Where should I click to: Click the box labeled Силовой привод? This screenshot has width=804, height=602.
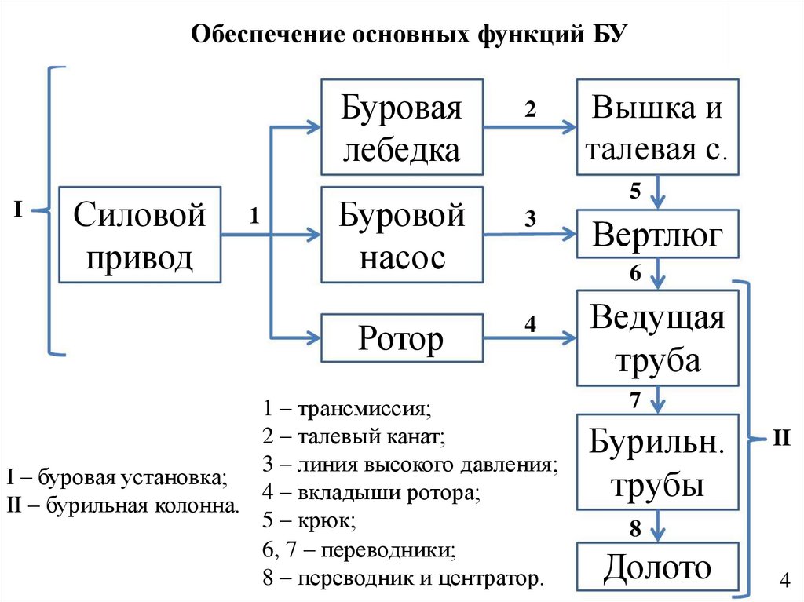(139, 235)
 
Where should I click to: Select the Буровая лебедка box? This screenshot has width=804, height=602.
(400, 127)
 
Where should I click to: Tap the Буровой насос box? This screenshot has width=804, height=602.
(401, 235)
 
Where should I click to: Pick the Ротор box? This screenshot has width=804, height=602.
(401, 338)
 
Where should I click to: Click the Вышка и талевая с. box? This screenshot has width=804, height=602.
(658, 127)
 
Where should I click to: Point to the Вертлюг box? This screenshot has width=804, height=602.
(658, 234)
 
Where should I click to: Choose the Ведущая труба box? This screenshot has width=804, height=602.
(658, 337)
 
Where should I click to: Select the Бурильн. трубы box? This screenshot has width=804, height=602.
(658, 462)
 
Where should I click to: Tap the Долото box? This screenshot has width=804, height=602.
(658, 567)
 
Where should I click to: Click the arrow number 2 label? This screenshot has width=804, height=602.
(530, 111)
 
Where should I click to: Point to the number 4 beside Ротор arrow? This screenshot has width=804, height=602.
(530, 323)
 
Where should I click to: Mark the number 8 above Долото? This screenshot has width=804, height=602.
(635, 527)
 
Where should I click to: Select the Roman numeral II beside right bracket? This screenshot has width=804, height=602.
(781, 437)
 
